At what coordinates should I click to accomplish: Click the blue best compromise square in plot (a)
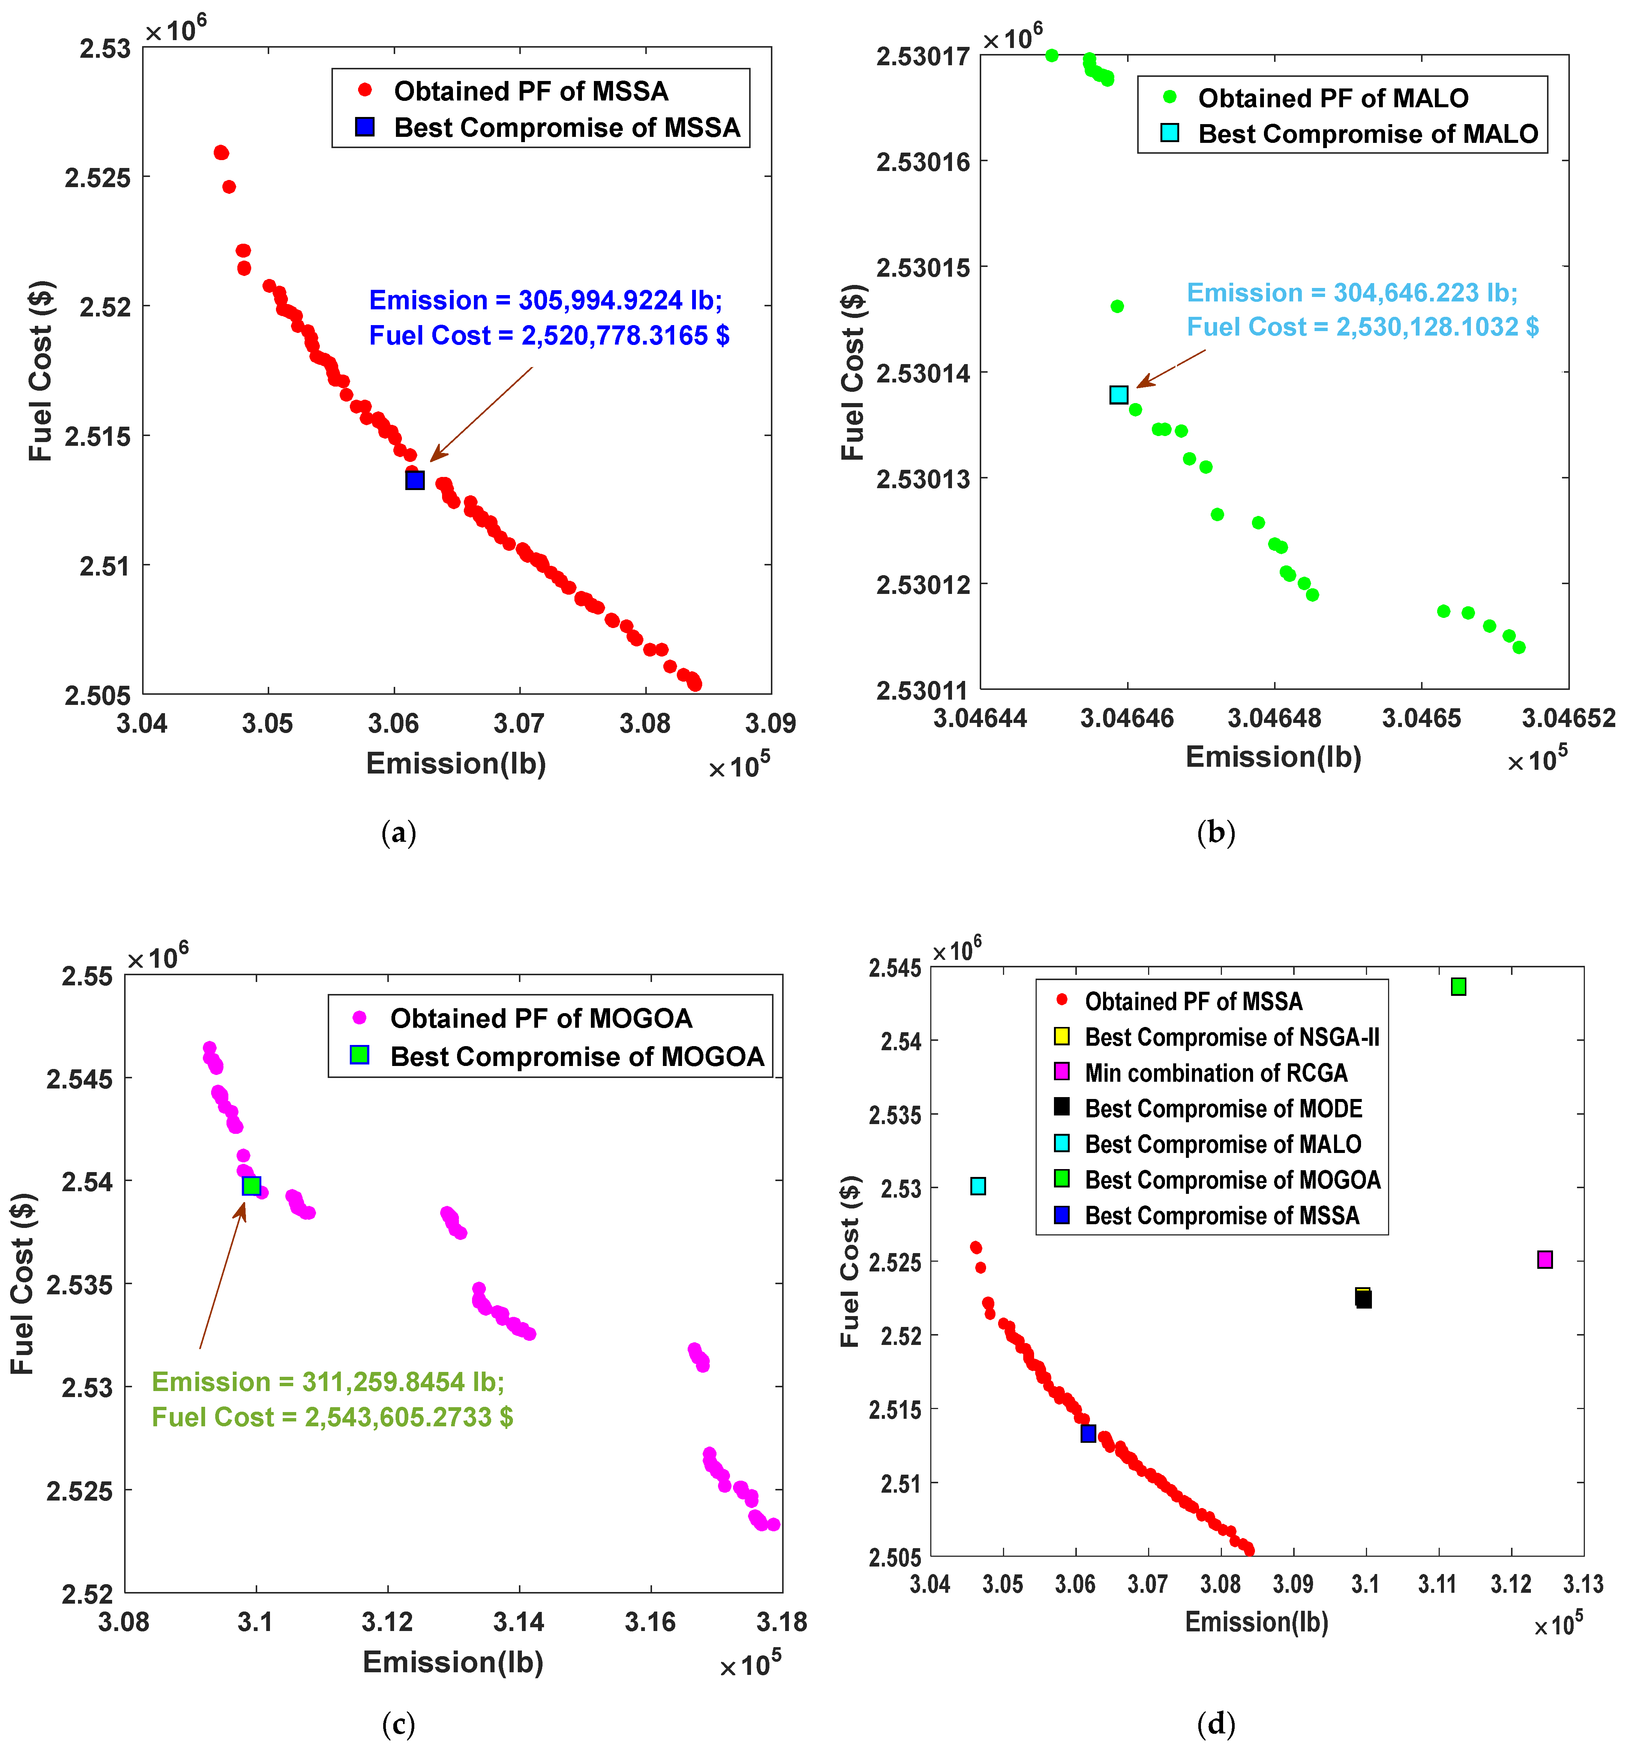click(415, 480)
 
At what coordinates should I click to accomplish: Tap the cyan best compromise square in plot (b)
click(1119, 395)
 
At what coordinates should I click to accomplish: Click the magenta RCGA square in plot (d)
click(1544, 1260)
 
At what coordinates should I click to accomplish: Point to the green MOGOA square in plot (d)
click(1459, 987)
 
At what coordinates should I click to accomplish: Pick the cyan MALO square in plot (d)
click(978, 1186)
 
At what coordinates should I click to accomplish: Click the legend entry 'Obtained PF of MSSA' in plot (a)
click(530, 91)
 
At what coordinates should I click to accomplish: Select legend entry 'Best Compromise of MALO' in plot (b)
click(1367, 134)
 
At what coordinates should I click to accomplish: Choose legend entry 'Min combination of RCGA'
click(1216, 1073)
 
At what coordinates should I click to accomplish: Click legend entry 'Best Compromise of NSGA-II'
click(1232, 1037)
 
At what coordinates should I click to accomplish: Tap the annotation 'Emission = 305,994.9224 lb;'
click(545, 300)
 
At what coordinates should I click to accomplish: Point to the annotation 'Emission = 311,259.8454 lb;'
click(328, 1381)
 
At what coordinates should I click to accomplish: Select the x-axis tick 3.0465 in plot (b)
click(1421, 718)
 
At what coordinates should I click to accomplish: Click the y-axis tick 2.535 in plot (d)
click(895, 1115)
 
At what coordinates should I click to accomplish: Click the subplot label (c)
click(398, 1724)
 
